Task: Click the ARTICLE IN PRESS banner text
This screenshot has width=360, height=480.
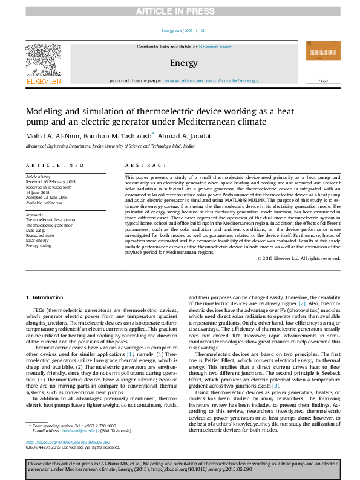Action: pyautogui.click(x=180, y=11)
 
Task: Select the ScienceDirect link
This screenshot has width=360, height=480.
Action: pyautogui.click(x=215, y=47)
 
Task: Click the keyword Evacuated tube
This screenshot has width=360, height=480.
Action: pyautogui.click(x=39, y=236)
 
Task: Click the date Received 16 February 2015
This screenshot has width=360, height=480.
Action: pyautogui.click(x=50, y=182)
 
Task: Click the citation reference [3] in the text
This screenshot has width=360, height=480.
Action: pyautogui.click(x=275, y=385)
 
